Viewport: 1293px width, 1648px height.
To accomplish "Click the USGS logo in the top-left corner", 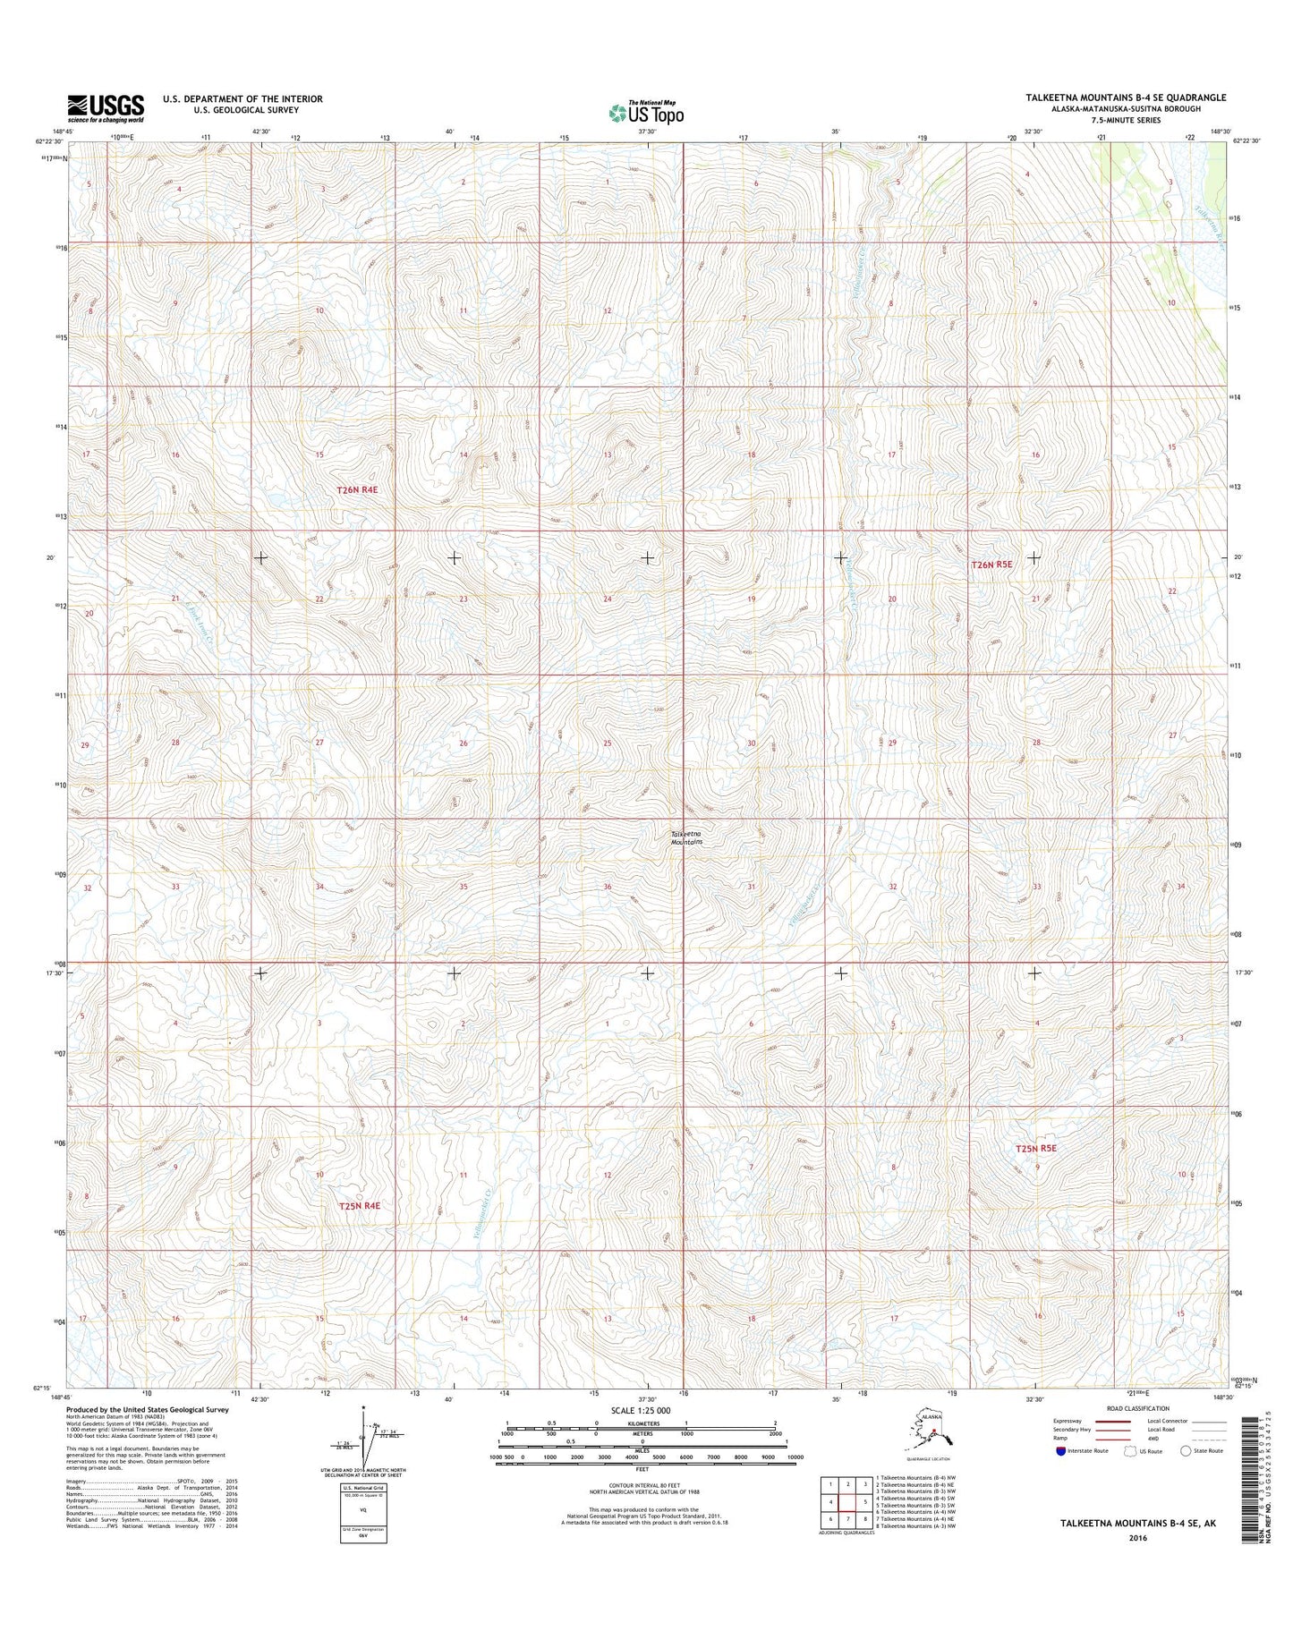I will (x=105, y=108).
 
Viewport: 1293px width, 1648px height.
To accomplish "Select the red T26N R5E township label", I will (x=991, y=565).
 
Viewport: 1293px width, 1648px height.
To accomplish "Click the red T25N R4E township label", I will (x=360, y=1206).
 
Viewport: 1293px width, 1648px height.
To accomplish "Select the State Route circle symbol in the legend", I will (x=1187, y=1476).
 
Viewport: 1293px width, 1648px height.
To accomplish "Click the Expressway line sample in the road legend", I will (x=1113, y=1446).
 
